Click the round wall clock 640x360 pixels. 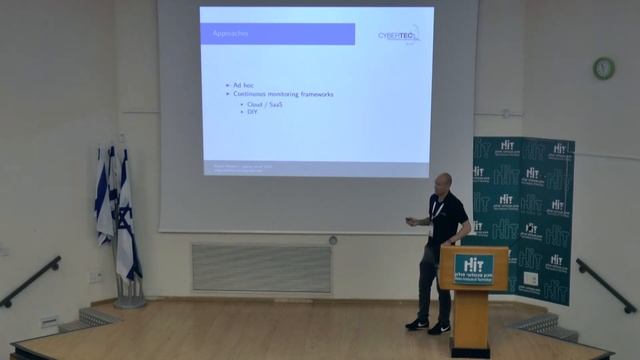click(x=603, y=68)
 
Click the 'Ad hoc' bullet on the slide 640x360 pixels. click(x=243, y=85)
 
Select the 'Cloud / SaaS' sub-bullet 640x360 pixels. click(x=264, y=104)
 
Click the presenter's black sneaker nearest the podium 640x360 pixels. click(x=439, y=328)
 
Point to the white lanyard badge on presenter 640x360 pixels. click(x=432, y=228)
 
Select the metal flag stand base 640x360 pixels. click(x=129, y=300)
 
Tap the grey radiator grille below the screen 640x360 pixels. click(x=261, y=268)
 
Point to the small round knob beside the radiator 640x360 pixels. click(x=333, y=240)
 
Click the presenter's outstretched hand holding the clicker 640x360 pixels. click(x=410, y=222)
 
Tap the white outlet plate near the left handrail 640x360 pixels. click(x=97, y=277)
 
